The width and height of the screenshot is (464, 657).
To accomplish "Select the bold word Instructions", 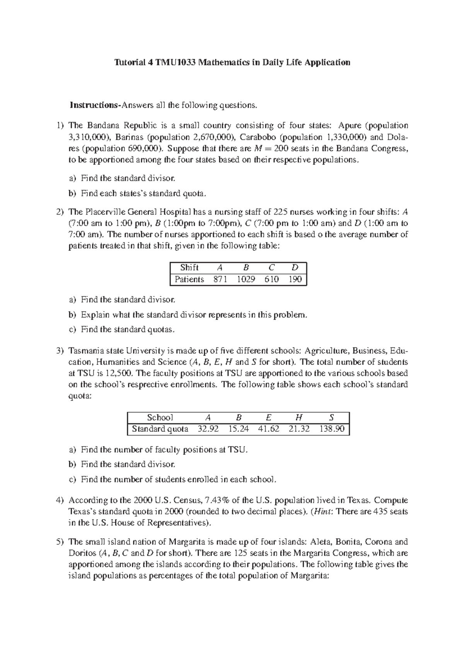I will [x=94, y=105].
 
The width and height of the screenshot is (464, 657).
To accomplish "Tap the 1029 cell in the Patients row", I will [x=246, y=279].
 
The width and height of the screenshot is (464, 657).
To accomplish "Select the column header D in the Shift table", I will [x=295, y=268].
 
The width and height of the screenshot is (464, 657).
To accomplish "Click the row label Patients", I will [x=189, y=279].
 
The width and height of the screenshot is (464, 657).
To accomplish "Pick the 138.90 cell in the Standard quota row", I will [x=331, y=429].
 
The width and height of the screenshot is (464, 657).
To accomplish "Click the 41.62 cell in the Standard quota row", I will [x=268, y=429].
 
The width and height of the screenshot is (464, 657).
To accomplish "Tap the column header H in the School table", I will [x=299, y=417].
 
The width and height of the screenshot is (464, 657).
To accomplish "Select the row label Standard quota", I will [x=160, y=429].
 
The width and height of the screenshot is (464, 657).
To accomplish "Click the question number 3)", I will [x=59, y=351].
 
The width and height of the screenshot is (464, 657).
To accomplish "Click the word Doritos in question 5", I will [x=82, y=553].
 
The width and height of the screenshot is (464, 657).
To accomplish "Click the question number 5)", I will [x=59, y=542].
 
